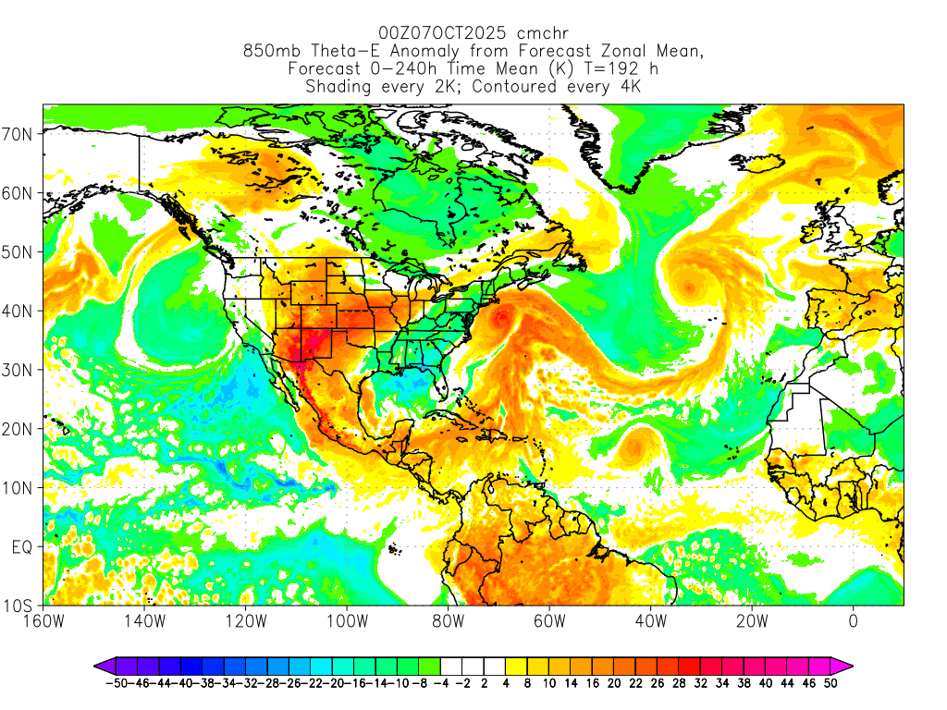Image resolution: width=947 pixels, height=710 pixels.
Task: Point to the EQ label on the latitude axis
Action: click(x=22, y=547)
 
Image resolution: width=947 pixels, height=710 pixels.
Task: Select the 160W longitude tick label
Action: click(x=43, y=622)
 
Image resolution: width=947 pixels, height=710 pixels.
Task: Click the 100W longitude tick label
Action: click(x=346, y=622)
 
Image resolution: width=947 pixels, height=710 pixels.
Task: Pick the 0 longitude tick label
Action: click(x=853, y=622)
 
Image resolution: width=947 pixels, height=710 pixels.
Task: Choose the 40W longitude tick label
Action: click(x=650, y=622)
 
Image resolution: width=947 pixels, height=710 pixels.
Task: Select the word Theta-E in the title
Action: click(x=350, y=52)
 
